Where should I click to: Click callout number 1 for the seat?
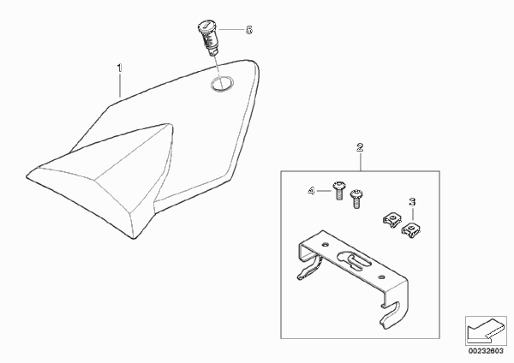tap(120, 68)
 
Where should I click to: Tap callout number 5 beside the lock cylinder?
tap(249, 30)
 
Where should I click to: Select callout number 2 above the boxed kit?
tap(360, 147)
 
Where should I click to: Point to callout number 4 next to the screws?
tap(311, 191)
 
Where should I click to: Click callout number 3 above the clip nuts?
tap(412, 201)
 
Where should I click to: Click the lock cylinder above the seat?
tap(207, 38)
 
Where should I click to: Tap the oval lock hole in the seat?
tap(222, 84)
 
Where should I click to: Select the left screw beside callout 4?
tap(338, 191)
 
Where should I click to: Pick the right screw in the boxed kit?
tap(356, 199)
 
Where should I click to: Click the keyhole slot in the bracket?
tap(355, 259)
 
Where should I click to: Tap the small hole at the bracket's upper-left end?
tap(326, 244)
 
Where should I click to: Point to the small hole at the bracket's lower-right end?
tap(381, 277)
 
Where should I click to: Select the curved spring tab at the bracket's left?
tap(308, 268)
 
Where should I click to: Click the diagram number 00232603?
tap(486, 351)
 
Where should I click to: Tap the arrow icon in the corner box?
tap(486, 330)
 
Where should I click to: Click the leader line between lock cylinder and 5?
tap(231, 30)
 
